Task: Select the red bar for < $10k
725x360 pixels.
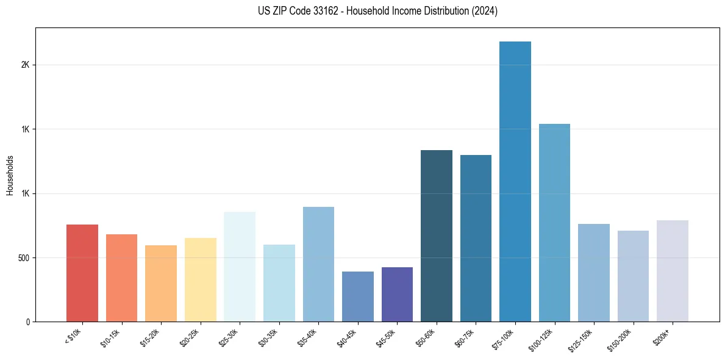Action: pyautogui.click(x=82, y=273)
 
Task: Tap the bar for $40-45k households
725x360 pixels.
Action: pyautogui.click(x=357, y=297)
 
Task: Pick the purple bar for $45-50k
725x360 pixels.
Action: pyautogui.click(x=397, y=294)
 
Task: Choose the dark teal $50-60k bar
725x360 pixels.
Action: pyautogui.click(x=436, y=236)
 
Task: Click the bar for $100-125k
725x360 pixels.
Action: pyautogui.click(x=554, y=223)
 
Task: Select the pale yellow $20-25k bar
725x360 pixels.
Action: pyautogui.click(x=200, y=279)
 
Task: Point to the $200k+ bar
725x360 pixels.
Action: pyautogui.click(x=672, y=271)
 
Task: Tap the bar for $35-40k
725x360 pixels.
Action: pyautogui.click(x=318, y=264)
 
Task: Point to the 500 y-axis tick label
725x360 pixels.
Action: pyautogui.click(x=23, y=257)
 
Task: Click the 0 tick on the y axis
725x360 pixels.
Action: pyautogui.click(x=28, y=322)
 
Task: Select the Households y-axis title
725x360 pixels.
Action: pyautogui.click(x=10, y=175)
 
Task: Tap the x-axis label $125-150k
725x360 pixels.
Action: pyautogui.click(x=581, y=340)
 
